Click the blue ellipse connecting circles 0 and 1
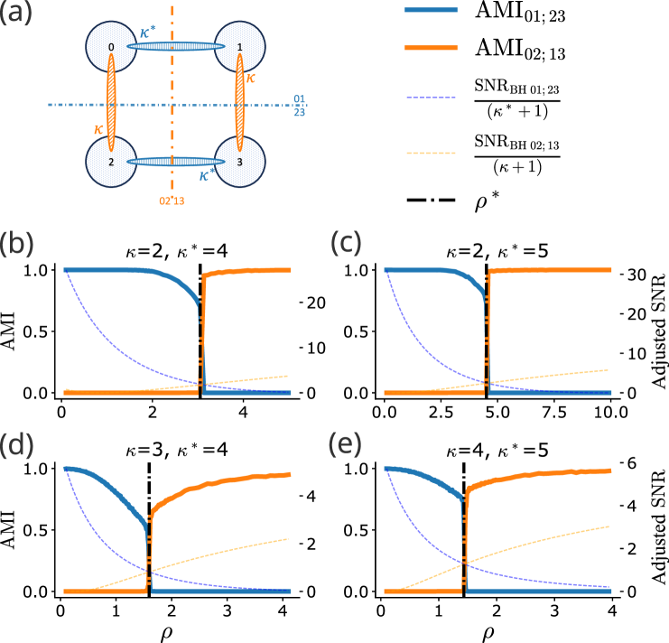[x=176, y=46]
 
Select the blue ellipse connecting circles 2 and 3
[x=176, y=162]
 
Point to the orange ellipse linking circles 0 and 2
[x=112, y=102]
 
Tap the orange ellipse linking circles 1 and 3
[x=240, y=102]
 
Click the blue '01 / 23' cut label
[x=299, y=105]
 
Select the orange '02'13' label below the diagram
[x=172, y=200]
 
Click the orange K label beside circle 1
[x=251, y=79]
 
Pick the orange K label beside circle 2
[x=98, y=130]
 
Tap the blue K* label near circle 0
[x=148, y=33]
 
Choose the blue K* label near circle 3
[x=207, y=175]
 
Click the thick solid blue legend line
[x=431, y=10]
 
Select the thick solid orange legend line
[x=431, y=48]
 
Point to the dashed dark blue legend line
[x=431, y=98]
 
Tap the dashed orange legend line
[x=431, y=154]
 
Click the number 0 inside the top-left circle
[x=111, y=47]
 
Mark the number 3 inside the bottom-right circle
[x=239, y=163]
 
